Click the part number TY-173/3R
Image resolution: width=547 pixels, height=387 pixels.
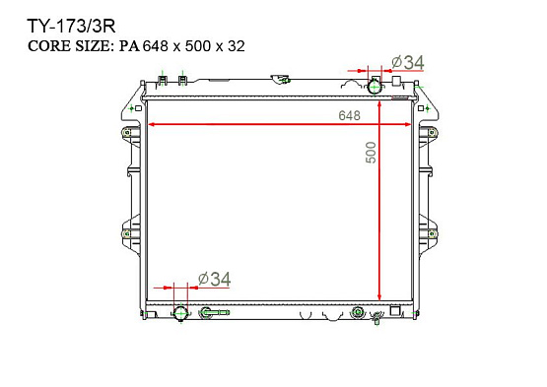[x=71, y=27]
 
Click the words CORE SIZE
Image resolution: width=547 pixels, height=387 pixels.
[x=70, y=46]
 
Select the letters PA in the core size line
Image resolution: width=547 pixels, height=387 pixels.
[x=129, y=46]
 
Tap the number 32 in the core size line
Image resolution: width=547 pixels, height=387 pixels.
[x=237, y=46]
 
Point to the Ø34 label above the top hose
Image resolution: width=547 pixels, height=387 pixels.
[x=407, y=63]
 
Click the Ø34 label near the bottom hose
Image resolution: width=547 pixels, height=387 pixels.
[x=214, y=280]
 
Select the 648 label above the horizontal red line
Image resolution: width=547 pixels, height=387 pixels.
[x=349, y=115]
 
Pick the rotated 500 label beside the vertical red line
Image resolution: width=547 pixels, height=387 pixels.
[x=372, y=153]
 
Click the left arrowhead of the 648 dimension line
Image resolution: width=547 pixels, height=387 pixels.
[x=152, y=124]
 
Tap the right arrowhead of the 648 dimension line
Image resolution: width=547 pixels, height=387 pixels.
[x=407, y=124]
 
